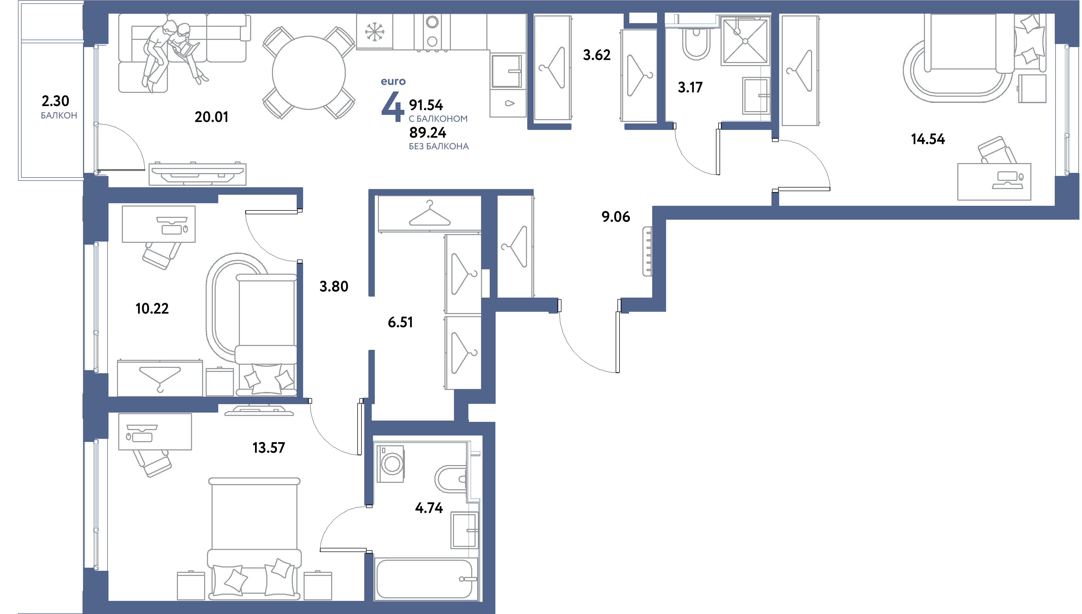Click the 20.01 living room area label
pos(212,117)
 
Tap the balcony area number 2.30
pos(55,101)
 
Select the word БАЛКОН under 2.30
pos(59,115)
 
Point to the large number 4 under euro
pos(392,109)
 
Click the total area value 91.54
pos(426,105)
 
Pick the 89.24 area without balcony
pos(428,133)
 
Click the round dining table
pos(309,73)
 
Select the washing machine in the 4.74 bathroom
pos(390,464)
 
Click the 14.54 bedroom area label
pos(928,139)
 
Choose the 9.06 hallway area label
pos(616,217)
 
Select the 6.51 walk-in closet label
pos(400,322)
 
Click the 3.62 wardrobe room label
pos(597,55)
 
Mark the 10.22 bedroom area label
pos(152,309)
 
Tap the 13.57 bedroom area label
pos(269,447)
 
